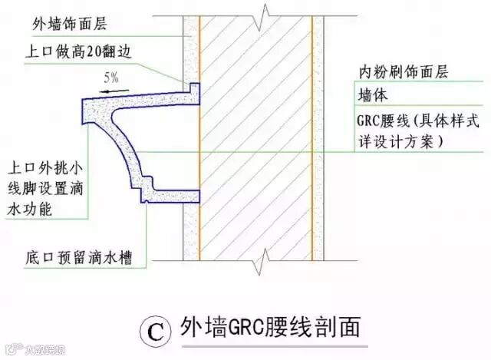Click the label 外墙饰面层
(72, 25)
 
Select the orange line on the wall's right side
(313, 130)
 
